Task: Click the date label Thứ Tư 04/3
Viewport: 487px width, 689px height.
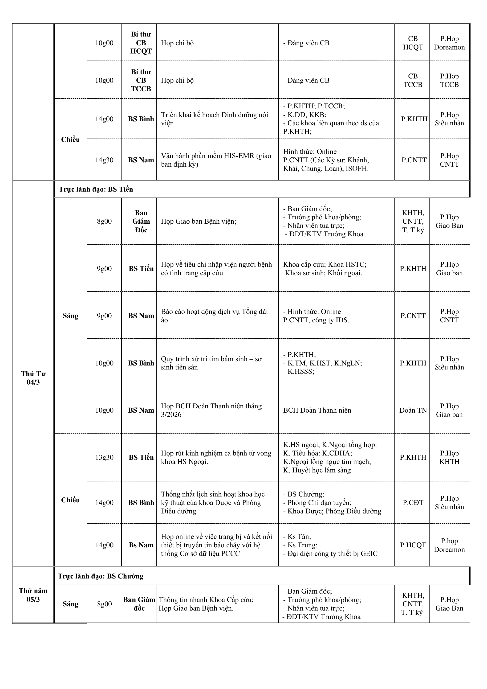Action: coord(33,378)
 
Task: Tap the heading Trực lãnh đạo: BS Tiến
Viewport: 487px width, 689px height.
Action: coord(96,189)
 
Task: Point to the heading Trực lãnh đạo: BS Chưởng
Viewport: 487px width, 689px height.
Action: coord(101,576)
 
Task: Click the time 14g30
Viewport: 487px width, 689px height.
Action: coord(104,160)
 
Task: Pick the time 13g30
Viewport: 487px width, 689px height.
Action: coord(104,457)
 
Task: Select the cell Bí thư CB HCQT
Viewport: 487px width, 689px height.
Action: coord(141,43)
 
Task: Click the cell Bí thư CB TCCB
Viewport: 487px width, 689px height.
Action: coord(141,80)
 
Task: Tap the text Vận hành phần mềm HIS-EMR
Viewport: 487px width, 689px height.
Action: coord(216,160)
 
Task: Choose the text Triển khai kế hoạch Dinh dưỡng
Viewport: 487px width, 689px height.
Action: coord(214,119)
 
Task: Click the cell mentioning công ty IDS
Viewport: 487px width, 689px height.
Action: coord(316,316)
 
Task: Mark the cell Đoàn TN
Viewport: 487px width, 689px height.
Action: coord(413,410)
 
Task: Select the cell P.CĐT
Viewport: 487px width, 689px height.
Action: coord(413,503)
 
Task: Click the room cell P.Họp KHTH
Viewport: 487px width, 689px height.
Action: coord(449,457)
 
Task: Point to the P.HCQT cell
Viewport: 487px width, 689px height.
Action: coord(413,545)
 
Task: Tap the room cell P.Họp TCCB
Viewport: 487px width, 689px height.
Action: coord(449,80)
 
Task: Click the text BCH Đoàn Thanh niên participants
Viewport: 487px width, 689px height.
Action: coord(317,410)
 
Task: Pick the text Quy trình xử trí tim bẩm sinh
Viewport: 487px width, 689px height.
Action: coord(211,363)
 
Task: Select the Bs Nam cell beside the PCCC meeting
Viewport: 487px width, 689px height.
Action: coord(141,545)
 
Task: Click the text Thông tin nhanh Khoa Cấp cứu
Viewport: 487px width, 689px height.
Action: coord(206,599)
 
